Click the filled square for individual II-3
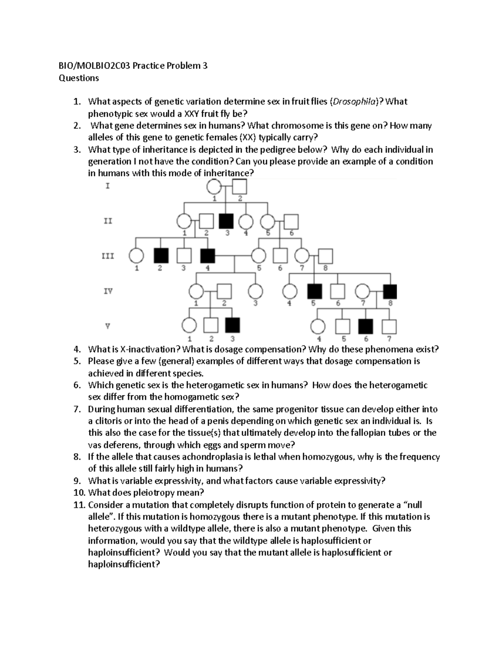tap(227, 221)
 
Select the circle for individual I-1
tap(215, 187)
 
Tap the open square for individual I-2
tap(240, 187)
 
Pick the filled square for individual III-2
tap(161, 256)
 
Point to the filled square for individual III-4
tap(208, 256)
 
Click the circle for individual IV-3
tap(255, 291)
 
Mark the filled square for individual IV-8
tap(390, 291)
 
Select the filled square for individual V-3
tap(232, 326)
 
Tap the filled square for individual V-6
tap(366, 326)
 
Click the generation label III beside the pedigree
tap(108, 256)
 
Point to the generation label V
tap(108, 326)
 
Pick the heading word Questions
tap(78, 78)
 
